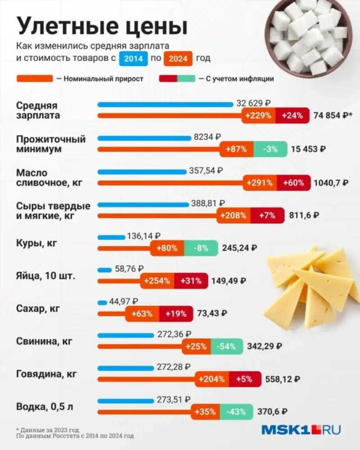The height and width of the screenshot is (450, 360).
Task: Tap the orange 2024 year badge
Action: (179, 58)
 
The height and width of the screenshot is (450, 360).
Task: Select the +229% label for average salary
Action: (258, 115)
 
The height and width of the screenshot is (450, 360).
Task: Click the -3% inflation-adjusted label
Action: (270, 149)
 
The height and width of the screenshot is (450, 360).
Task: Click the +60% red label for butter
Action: (293, 183)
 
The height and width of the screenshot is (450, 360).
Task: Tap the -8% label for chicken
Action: (201, 247)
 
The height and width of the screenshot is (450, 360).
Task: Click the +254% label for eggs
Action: (157, 281)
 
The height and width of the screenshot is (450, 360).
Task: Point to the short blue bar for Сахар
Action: (103, 302)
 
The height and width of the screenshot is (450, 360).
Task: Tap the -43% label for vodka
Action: (236, 412)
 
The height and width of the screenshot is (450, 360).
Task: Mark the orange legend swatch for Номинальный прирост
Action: (34, 79)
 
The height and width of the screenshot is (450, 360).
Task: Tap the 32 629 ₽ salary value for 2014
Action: (254, 104)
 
